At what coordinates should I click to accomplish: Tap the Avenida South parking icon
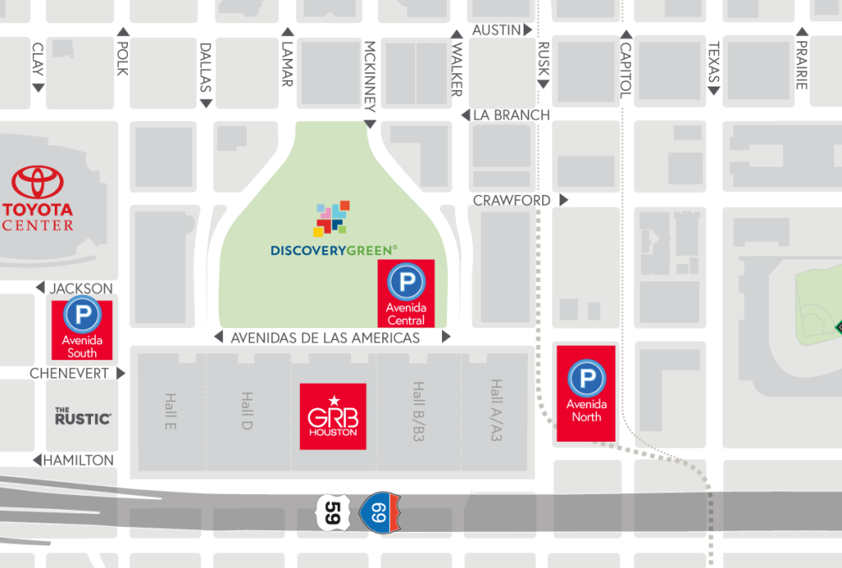(83, 315)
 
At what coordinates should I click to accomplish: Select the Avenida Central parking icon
(406, 280)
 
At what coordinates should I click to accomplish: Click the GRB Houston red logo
(333, 417)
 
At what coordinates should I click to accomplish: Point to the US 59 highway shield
(333, 512)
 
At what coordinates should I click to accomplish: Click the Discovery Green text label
(334, 251)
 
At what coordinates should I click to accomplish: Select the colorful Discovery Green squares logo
(331, 218)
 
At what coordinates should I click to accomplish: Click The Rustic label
(83, 416)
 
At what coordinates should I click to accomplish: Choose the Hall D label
(248, 411)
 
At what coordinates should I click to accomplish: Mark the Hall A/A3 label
(496, 411)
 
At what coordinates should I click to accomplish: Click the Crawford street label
(512, 200)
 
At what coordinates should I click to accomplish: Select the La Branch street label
(511, 114)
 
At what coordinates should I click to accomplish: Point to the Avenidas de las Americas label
(325, 338)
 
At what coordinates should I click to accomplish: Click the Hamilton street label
(78, 460)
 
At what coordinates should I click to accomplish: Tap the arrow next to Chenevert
(121, 373)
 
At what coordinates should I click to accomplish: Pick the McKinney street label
(369, 76)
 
